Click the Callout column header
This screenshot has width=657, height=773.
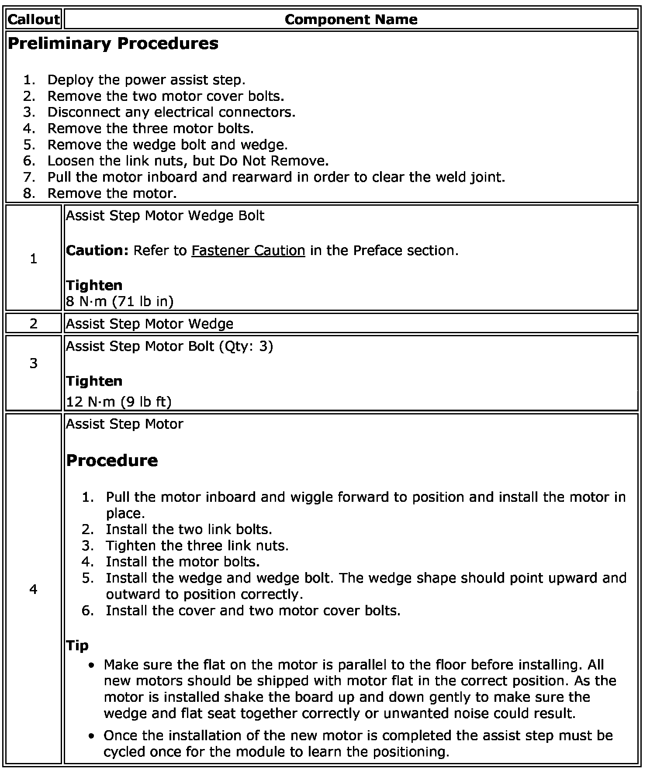click(x=33, y=19)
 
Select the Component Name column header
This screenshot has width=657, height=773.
click(x=351, y=19)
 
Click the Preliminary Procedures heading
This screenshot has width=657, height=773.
click(x=113, y=44)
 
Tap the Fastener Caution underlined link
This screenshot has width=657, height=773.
click(x=248, y=250)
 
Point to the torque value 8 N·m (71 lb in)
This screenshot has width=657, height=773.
click(x=120, y=301)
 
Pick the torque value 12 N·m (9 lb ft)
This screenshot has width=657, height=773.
click(x=119, y=401)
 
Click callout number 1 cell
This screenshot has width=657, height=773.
click(x=34, y=259)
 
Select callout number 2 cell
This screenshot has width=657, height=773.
click(x=34, y=324)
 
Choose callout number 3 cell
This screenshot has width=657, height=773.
click(x=34, y=363)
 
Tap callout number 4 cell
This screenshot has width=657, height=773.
click(x=34, y=589)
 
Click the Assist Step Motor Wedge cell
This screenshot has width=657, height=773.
click(x=149, y=324)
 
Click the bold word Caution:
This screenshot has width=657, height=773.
click(x=97, y=250)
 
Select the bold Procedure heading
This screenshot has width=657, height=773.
click(x=112, y=460)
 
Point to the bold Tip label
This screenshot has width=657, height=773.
click(x=77, y=645)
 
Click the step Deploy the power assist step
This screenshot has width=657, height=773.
click(x=146, y=80)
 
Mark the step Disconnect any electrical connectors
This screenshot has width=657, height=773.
click(x=171, y=112)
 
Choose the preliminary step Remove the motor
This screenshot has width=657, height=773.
click(x=112, y=193)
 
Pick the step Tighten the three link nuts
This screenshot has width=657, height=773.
click(x=197, y=545)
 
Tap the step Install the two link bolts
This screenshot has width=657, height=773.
click(x=189, y=529)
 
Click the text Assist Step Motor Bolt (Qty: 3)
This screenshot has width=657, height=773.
click(x=169, y=346)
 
